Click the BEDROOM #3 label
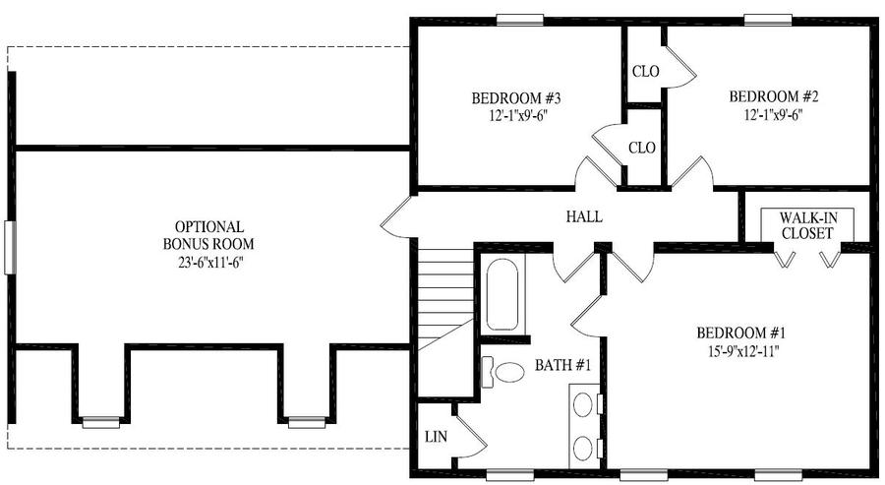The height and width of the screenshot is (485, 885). tap(516, 98)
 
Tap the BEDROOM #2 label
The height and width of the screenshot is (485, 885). tap(773, 96)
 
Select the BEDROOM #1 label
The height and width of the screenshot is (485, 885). tap(741, 333)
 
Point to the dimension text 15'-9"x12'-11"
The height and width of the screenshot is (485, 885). tap(743, 351)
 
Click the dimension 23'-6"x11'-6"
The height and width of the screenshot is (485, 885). tap(208, 262)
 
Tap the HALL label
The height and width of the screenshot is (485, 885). tap(584, 216)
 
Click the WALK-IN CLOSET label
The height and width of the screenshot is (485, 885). tap(807, 225)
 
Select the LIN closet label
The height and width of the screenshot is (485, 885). tap(437, 437)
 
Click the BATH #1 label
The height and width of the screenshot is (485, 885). tap(562, 365)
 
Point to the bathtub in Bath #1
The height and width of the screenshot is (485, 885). tap(502, 294)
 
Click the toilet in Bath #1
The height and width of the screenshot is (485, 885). tap(502, 372)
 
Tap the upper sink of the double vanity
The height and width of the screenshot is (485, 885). tap(583, 405)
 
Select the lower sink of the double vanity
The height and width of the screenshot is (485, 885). tap(583, 449)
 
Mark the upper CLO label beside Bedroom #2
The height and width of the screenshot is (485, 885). tap(646, 72)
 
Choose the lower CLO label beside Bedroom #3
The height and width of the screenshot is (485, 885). tap(642, 148)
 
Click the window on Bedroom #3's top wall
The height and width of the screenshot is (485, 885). tap(520, 20)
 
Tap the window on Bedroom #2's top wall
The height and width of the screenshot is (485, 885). tap(768, 20)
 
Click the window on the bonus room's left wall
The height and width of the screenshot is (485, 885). tap(10, 247)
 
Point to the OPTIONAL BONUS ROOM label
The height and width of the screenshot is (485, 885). tap(208, 235)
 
